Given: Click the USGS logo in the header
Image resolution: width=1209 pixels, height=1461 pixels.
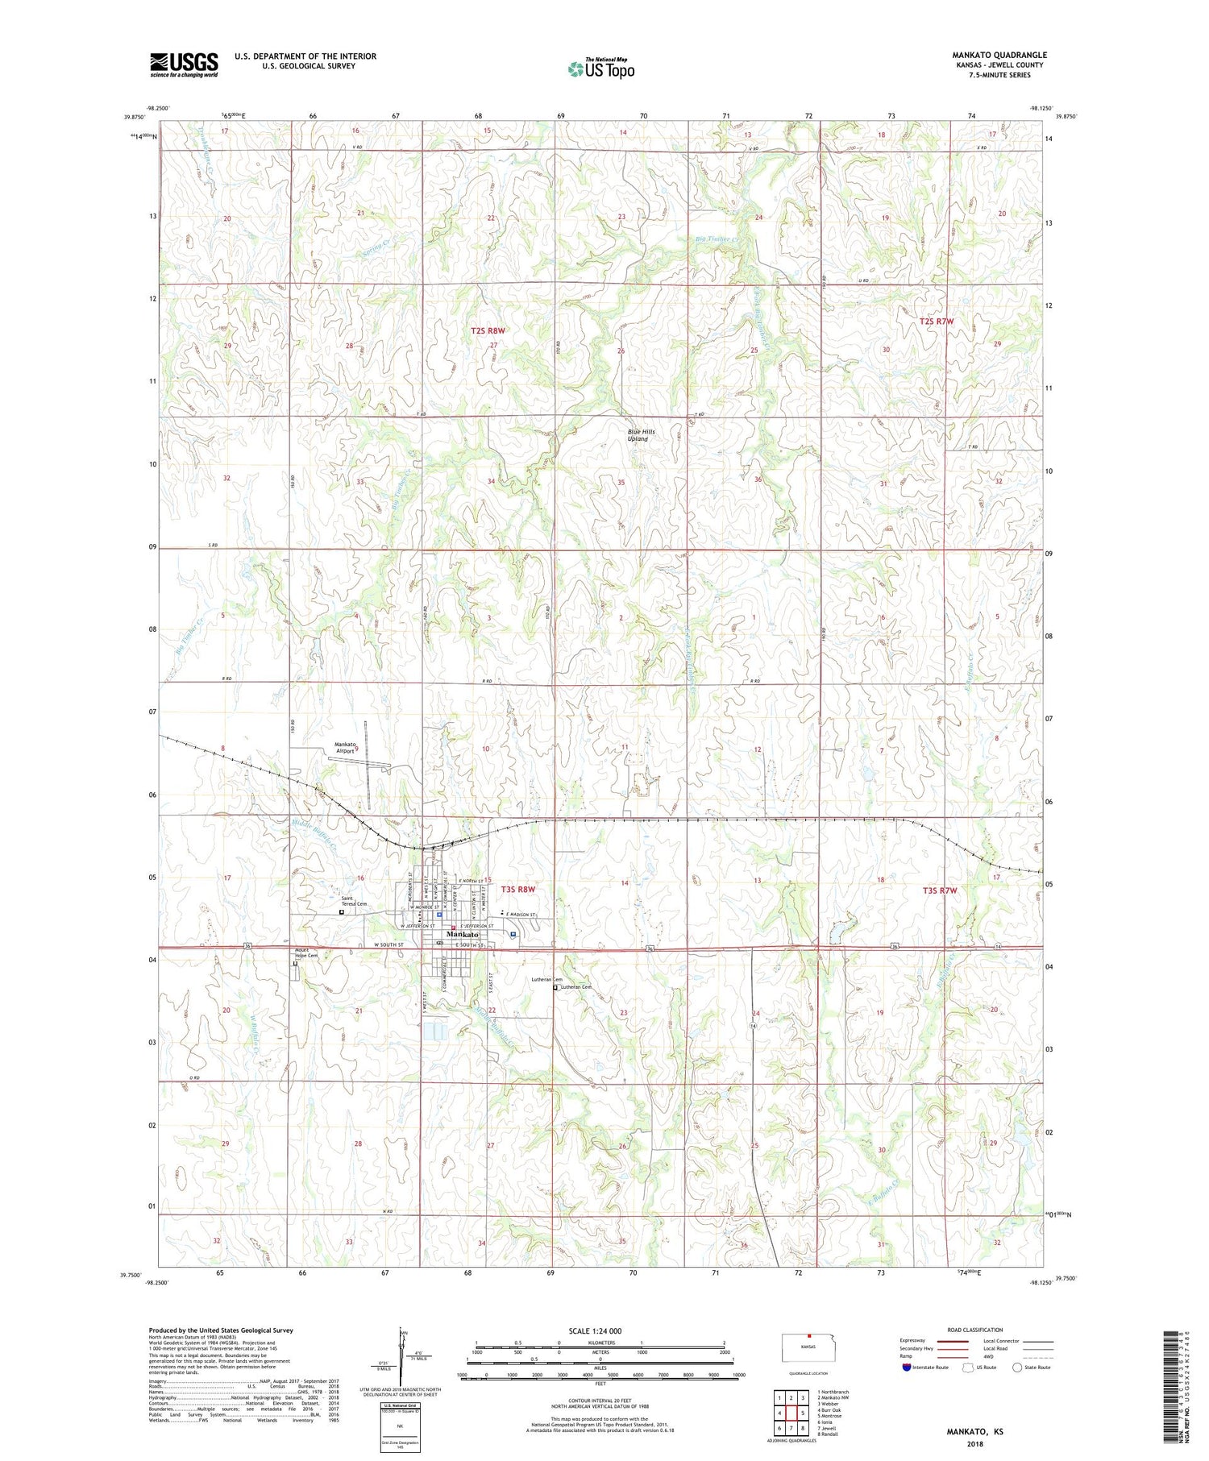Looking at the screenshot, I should (184, 64).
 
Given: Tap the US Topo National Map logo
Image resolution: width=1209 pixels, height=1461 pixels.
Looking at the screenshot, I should (600, 69).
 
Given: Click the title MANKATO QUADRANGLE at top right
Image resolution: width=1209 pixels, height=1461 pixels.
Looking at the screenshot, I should (999, 55).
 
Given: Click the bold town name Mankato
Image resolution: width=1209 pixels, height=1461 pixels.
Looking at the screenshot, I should (463, 934).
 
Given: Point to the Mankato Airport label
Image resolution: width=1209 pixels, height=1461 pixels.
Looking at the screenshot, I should (345, 747).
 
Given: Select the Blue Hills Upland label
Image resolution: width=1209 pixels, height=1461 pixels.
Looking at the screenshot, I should (642, 435).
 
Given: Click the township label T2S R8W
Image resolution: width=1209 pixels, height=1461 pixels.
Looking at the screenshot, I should (488, 330).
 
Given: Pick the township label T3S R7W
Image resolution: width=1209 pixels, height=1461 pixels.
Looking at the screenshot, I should (939, 890).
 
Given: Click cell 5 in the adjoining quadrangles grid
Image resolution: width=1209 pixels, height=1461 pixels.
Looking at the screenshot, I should (803, 1413).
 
